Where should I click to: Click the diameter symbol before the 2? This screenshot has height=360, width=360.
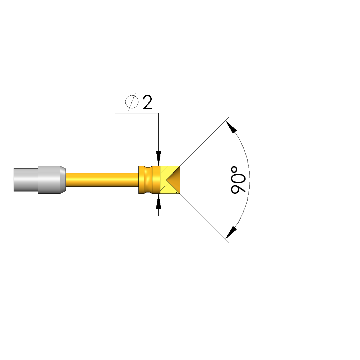(132, 102)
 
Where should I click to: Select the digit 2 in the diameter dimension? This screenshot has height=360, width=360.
(147, 102)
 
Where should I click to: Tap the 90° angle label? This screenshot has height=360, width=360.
(238, 180)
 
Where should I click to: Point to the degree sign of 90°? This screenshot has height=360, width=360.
(234, 170)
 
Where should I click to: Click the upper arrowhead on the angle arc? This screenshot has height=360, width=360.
(231, 127)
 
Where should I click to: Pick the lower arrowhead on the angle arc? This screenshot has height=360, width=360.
(231, 233)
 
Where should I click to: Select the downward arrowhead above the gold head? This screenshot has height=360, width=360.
(158, 158)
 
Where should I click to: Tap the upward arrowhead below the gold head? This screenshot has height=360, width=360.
(158, 201)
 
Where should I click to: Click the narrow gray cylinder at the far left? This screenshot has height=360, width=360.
(26, 180)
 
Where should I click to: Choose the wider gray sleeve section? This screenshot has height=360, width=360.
(49, 180)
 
